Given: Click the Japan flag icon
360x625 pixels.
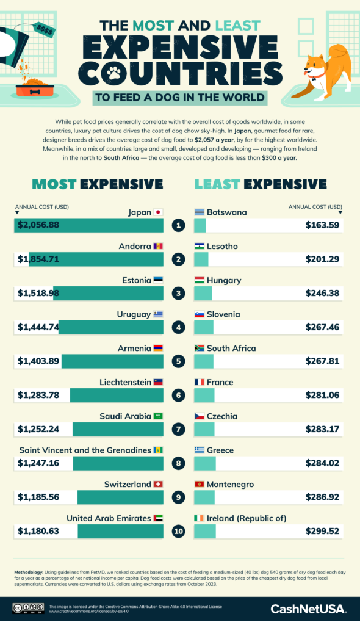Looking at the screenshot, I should click(x=158, y=212).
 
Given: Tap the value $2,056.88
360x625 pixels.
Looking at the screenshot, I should click(x=38, y=225).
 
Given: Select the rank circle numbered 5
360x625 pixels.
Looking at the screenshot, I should click(x=179, y=361).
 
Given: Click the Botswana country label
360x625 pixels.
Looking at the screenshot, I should click(x=227, y=212).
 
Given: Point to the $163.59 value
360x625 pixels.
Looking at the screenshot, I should click(x=323, y=225).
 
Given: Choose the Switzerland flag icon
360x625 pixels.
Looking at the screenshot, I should click(x=158, y=484).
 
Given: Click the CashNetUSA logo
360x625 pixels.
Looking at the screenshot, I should click(x=309, y=609).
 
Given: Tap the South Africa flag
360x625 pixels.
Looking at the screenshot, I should click(x=199, y=348).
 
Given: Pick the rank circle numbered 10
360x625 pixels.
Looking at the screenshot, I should click(x=179, y=531).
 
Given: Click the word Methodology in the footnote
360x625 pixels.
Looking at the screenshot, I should click(x=32, y=572).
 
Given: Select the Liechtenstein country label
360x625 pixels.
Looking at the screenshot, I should click(x=125, y=382).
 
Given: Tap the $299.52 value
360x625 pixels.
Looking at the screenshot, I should click(x=323, y=531).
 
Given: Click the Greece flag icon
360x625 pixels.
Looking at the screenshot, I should click(x=199, y=450).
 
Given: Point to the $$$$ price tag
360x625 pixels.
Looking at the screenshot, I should click(x=46, y=28).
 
